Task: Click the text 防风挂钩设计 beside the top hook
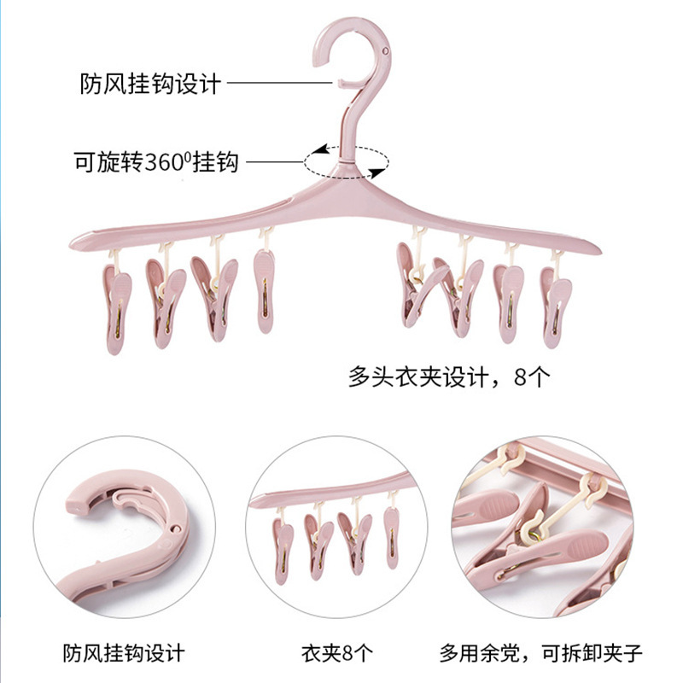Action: click(150, 84)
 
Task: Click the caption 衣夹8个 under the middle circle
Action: click(337, 654)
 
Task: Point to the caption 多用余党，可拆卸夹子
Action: click(541, 654)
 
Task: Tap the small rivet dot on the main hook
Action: click(387, 50)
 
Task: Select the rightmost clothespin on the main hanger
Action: click(556, 304)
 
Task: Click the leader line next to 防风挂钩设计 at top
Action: click(278, 84)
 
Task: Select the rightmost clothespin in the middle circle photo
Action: click(391, 536)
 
